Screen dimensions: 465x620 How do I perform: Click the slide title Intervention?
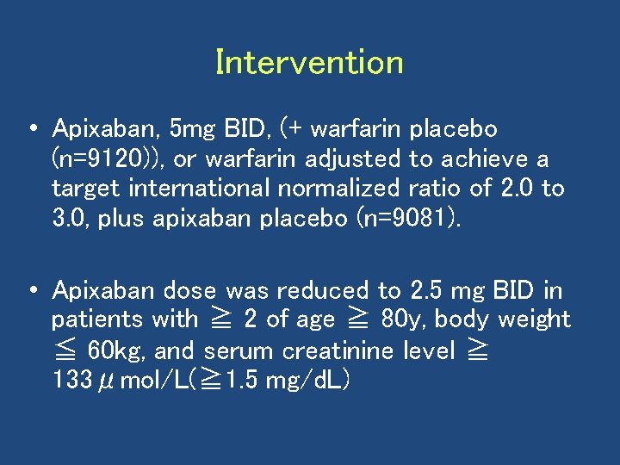(309, 63)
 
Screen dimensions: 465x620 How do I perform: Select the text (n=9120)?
(93, 159)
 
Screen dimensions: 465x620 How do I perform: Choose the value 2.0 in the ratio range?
(513, 189)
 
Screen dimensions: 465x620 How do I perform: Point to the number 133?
(71, 381)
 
